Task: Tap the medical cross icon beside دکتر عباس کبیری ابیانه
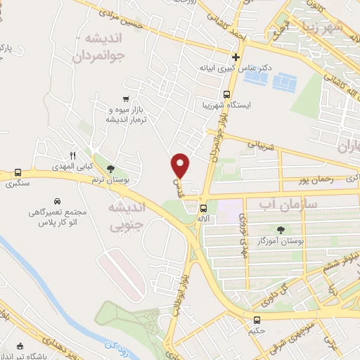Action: (x=236, y=57)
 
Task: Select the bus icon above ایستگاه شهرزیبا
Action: (x=226, y=95)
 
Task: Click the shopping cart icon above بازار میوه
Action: (x=125, y=99)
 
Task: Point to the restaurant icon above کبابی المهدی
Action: (x=71, y=155)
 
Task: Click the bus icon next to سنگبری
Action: (x=18, y=172)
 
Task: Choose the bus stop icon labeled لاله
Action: (x=202, y=208)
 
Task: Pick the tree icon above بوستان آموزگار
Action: (x=282, y=229)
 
